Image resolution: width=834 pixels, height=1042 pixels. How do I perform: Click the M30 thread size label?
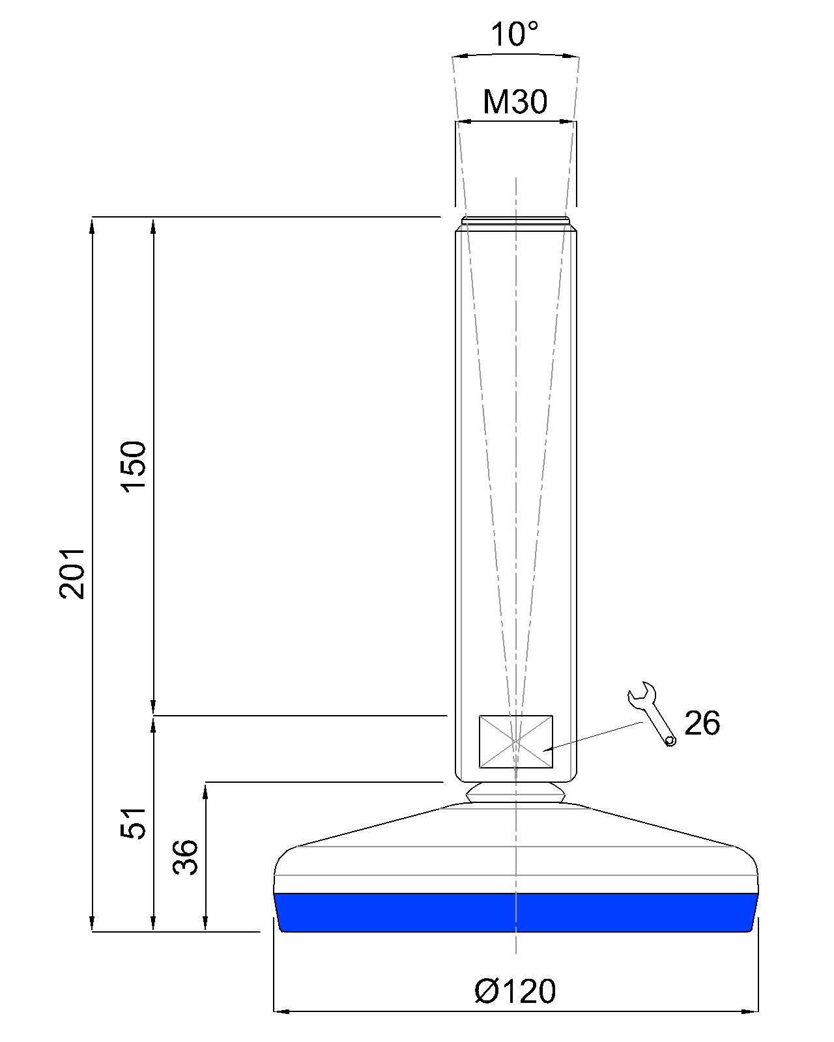(515, 102)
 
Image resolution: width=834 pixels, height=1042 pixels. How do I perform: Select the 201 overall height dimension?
(72, 572)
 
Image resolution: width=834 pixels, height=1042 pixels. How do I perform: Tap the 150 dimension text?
(134, 466)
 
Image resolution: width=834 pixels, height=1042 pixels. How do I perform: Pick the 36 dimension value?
(185, 857)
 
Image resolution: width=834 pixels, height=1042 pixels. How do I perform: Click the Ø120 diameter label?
(515, 991)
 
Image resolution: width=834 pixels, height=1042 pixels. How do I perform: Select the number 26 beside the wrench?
(702, 724)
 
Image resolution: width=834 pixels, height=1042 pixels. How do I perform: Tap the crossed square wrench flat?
(515, 741)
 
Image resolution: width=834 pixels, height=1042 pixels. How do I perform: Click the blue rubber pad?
(515, 912)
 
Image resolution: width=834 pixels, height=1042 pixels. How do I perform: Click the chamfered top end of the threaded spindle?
(515, 221)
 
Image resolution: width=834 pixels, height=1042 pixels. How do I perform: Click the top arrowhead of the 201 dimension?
(93, 225)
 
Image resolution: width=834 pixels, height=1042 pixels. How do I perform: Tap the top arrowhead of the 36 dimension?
(206, 790)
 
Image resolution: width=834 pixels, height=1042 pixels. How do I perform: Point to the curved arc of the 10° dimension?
(515, 54)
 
